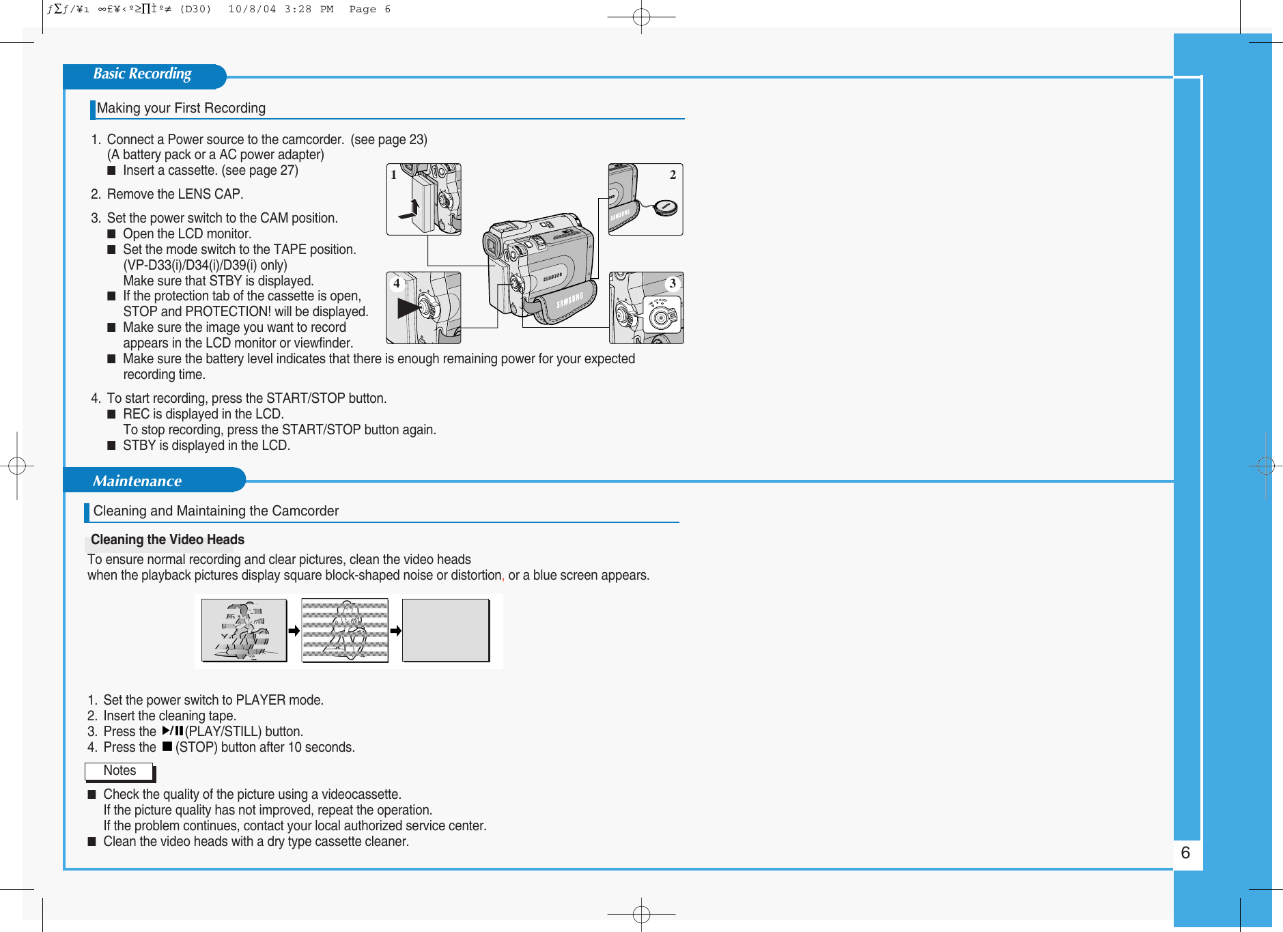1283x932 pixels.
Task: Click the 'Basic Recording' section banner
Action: pos(142,74)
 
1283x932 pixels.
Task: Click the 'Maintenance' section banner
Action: pos(137,481)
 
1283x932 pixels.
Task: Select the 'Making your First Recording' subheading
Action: pos(181,109)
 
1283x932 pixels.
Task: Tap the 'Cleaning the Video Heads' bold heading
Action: pos(167,540)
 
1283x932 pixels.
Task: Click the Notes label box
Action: pos(119,771)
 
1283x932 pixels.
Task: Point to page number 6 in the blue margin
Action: pos(1185,853)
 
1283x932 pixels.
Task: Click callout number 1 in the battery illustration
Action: pos(394,175)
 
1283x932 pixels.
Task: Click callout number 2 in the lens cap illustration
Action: pos(673,175)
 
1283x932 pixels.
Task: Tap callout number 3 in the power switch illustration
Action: pos(673,283)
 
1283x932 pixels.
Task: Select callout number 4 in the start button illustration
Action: pos(396,283)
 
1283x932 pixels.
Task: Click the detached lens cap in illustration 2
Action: pos(665,208)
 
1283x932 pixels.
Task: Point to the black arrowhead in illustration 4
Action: pos(408,308)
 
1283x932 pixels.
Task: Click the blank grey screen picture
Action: pos(445,630)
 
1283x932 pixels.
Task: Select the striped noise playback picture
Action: pos(345,630)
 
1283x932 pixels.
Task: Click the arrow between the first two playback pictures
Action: pos(294,631)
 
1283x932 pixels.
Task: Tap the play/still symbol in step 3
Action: pos(173,731)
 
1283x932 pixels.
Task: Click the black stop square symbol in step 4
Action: pos(167,747)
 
